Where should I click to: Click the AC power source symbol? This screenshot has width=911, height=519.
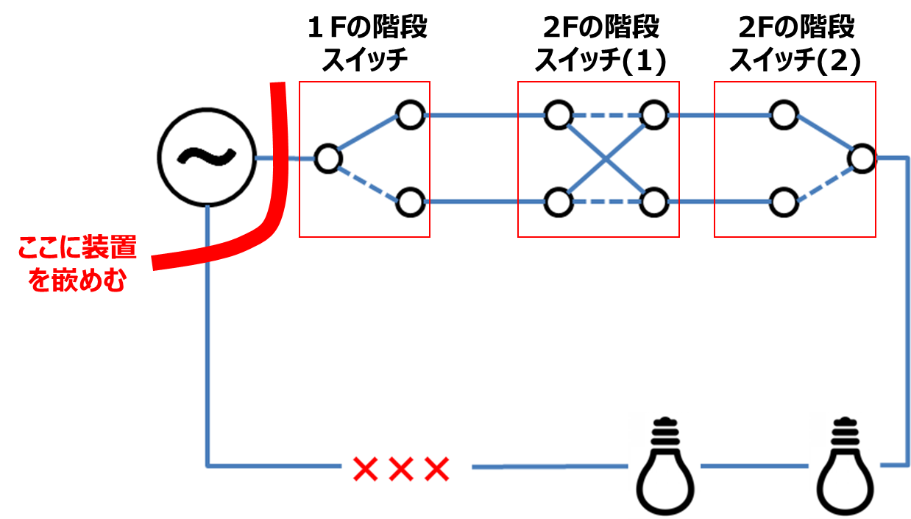click(208, 157)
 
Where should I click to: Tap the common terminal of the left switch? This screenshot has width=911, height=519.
click(327, 158)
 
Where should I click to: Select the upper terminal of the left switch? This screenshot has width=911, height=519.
click(410, 115)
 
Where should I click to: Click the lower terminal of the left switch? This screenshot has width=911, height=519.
click(410, 202)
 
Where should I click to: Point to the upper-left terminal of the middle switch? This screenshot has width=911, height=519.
click(559, 115)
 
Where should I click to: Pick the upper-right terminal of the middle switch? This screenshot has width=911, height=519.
click(653, 115)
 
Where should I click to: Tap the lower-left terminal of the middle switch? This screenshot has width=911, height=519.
click(559, 202)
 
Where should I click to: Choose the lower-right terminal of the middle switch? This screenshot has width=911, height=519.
click(653, 202)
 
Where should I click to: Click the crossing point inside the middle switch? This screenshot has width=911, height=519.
click(606, 158)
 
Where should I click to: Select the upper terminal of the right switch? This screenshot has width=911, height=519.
click(784, 115)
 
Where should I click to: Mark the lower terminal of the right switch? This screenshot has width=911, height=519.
click(784, 202)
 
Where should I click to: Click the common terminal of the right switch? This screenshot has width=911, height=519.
click(861, 158)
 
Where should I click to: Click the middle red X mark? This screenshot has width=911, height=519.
click(400, 468)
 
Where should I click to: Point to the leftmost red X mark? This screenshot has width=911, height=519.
click(364, 468)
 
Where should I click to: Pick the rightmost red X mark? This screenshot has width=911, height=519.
click(436, 468)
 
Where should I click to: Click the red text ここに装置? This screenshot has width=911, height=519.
click(77, 248)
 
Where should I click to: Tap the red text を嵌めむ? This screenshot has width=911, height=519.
click(77, 281)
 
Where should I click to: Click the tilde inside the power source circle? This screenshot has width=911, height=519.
click(208, 157)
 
